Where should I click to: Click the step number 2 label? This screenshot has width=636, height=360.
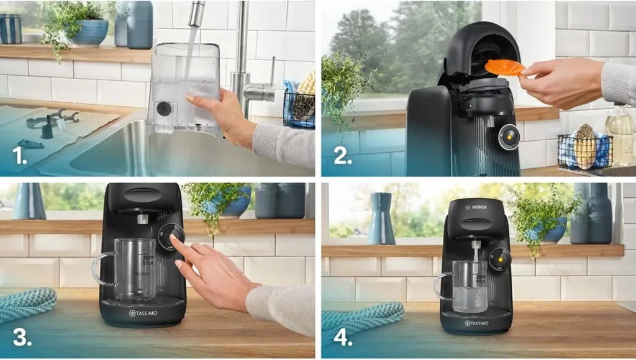pyautogui.click(x=343, y=156)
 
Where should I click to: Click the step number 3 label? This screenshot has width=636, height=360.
pyautogui.click(x=22, y=337)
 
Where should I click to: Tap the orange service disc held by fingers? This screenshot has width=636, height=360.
pyautogui.click(x=504, y=67)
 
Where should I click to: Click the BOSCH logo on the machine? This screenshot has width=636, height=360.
pyautogui.click(x=476, y=207)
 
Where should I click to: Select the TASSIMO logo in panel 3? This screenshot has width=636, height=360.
pyautogui.click(x=143, y=313)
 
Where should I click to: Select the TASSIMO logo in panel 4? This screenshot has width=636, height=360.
pyautogui.click(x=476, y=323)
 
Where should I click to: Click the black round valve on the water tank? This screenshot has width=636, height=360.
pyautogui.click(x=164, y=108)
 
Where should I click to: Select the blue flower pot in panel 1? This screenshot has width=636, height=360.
pyautogui.click(x=91, y=32)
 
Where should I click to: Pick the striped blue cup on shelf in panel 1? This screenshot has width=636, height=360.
pyautogui.click(x=11, y=29)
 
